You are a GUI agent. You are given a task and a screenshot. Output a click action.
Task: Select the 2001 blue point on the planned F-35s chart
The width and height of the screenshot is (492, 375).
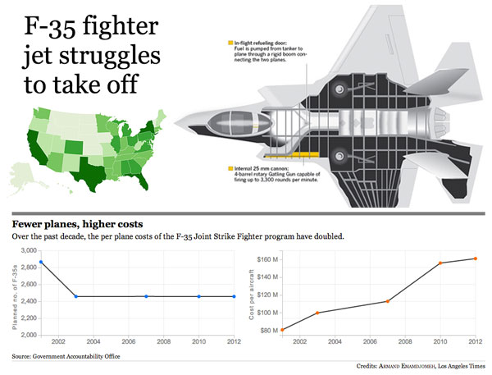tap(41, 263)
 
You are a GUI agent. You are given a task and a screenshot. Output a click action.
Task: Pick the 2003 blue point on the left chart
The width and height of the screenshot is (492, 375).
tap(75, 296)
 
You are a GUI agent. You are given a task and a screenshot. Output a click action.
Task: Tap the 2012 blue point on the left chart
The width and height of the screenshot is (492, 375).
tap(234, 296)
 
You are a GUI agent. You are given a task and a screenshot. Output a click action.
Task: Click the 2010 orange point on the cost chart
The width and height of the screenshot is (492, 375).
tap(440, 263)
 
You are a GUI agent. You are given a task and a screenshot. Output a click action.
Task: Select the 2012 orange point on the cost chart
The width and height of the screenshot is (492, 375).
tap(476, 258)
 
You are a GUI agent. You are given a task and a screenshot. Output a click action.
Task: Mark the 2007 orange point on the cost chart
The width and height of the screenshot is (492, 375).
tap(388, 301)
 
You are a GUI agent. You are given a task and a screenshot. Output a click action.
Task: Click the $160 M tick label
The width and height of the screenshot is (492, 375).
tap(267, 258)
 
